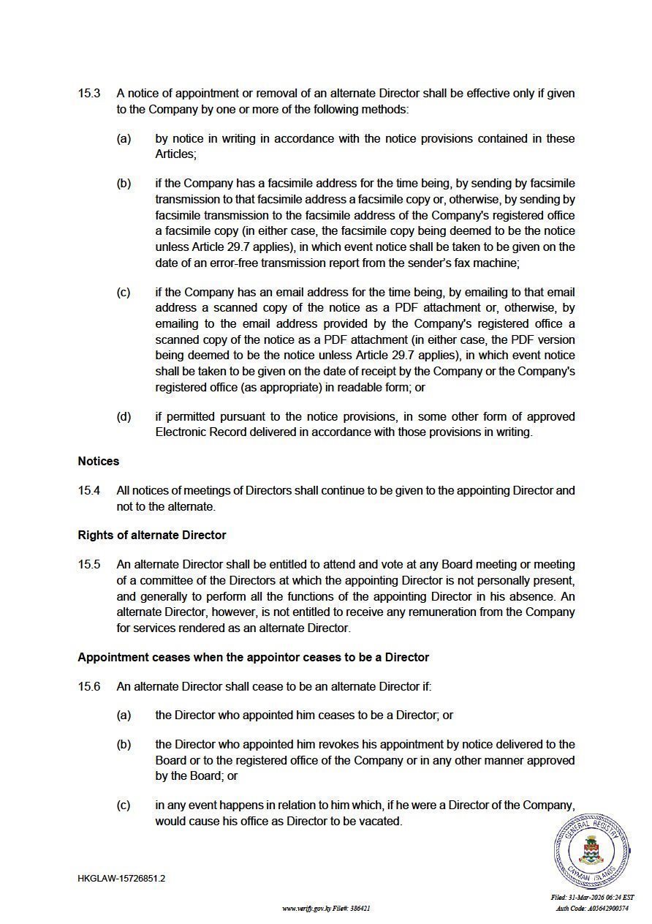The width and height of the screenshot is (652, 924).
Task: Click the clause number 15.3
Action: pyautogui.click(x=89, y=94)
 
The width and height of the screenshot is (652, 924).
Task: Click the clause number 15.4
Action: pyautogui.click(x=89, y=491)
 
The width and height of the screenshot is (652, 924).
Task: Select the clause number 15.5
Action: pyautogui.click(x=89, y=565)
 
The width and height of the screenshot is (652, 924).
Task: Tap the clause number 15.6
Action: pyautogui.click(x=89, y=687)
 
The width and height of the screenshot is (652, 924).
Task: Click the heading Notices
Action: pyautogui.click(x=99, y=462)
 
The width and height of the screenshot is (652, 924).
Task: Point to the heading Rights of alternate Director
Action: pyautogui.click(x=152, y=536)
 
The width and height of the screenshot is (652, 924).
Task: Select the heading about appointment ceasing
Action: pyautogui.click(x=253, y=658)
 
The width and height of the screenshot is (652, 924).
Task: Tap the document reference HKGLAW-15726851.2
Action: pyautogui.click(x=121, y=879)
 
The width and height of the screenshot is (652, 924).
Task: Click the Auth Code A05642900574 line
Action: pyautogui.click(x=592, y=908)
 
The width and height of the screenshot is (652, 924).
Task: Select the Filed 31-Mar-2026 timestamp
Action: pyautogui.click(x=592, y=898)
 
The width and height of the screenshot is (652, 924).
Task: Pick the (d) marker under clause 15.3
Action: pyautogui.click(x=124, y=417)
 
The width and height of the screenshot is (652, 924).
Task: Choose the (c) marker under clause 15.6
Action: pyautogui.click(x=124, y=805)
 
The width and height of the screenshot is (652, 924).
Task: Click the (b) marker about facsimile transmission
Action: pyautogui.click(x=124, y=183)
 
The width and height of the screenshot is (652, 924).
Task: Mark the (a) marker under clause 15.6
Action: pyautogui.click(x=124, y=715)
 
